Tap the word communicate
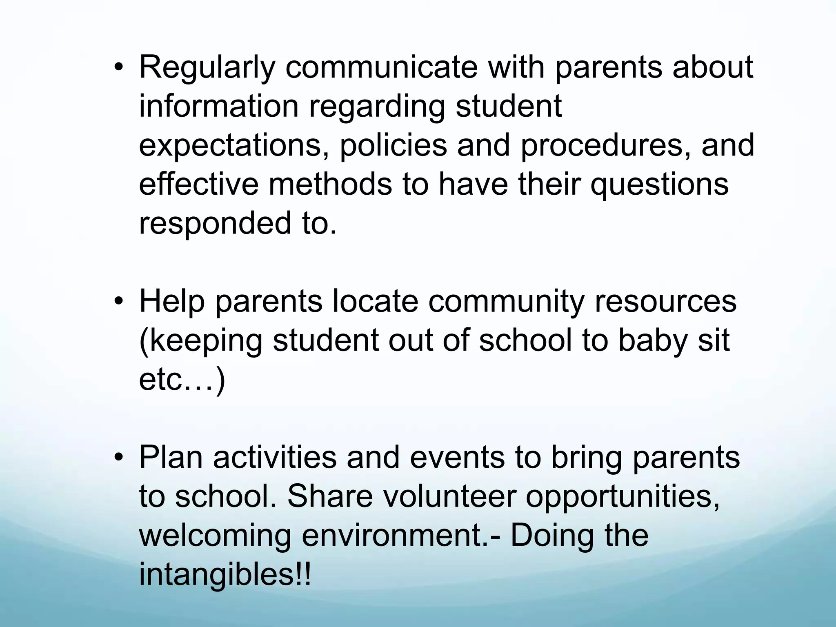(x=381, y=67)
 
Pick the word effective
(x=198, y=185)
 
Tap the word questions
(x=659, y=185)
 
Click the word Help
(x=171, y=302)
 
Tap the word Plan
(x=171, y=458)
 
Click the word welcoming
(x=215, y=536)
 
